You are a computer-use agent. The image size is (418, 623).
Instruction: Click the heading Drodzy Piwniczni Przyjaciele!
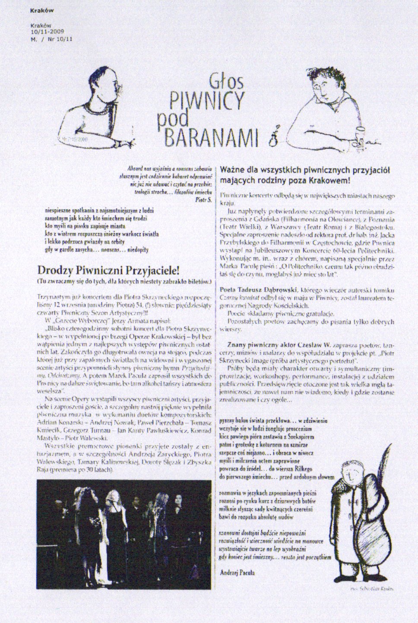(x=108, y=270)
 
